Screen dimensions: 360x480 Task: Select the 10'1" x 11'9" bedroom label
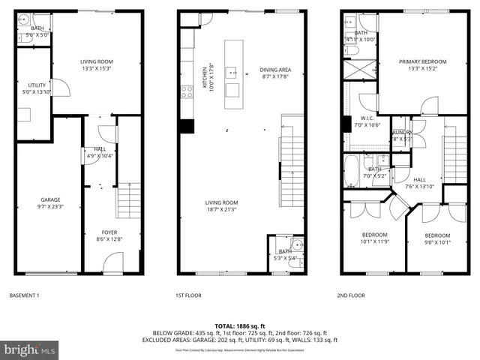point(375,238)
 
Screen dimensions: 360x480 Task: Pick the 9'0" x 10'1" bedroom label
point(437,238)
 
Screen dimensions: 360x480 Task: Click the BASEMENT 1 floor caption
point(25,295)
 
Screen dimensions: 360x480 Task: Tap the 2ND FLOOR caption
point(350,295)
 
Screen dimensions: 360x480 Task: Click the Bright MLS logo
point(30,349)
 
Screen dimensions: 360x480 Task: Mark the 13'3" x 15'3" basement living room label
point(96,65)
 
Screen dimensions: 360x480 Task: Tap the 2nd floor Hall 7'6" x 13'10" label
point(420,183)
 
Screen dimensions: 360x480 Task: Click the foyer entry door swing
point(112,262)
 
